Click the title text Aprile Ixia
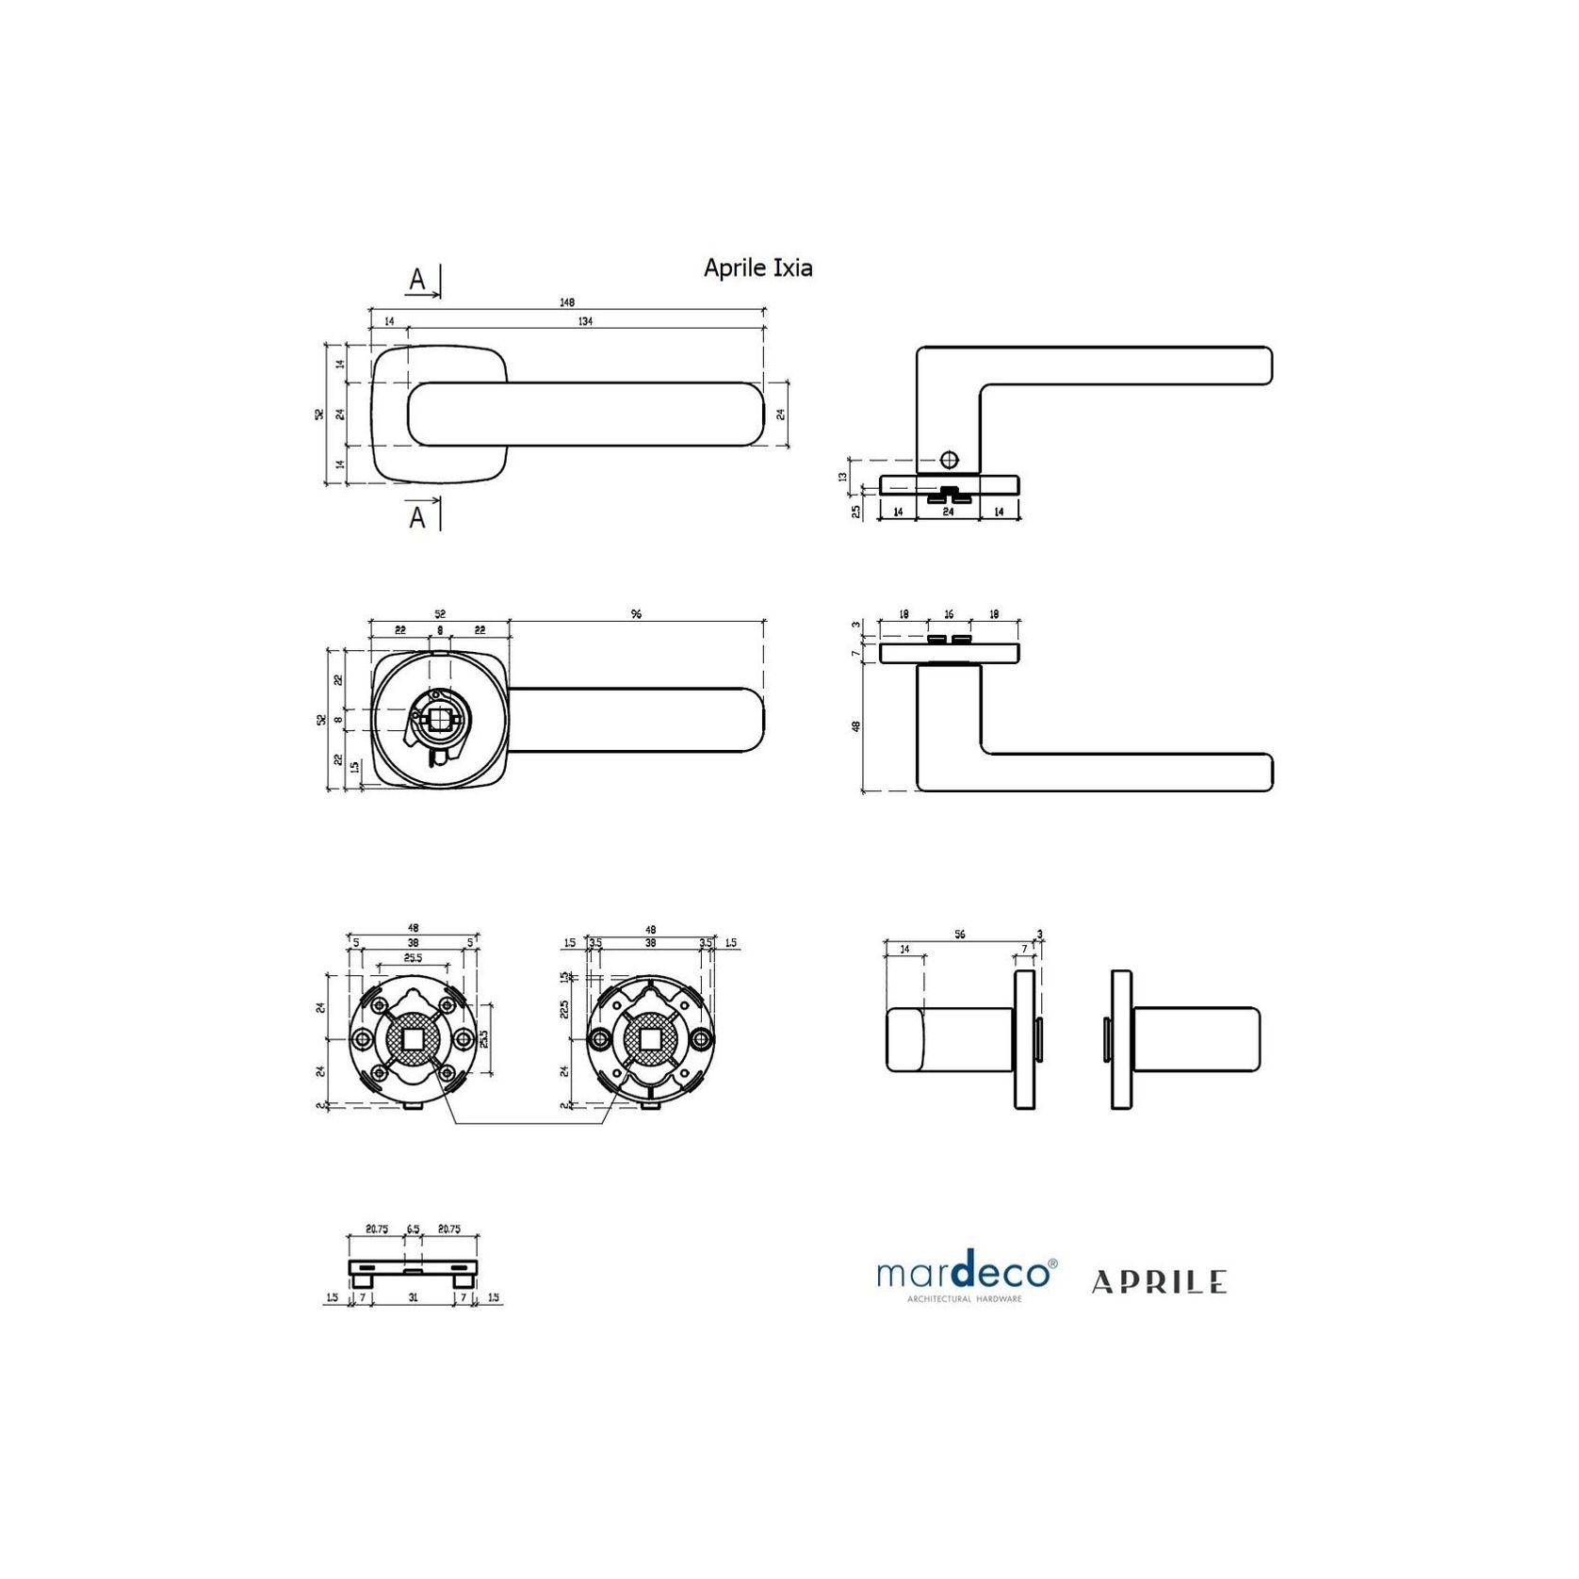[757, 269]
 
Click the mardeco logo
[966, 1273]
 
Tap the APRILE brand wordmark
[1159, 1281]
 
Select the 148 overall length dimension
[566, 302]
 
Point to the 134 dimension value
[585, 321]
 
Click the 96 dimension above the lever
[636, 614]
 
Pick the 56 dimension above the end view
[959, 935]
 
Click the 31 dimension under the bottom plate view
[413, 1297]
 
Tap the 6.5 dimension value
[413, 1229]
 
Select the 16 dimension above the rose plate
[949, 614]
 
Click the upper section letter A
[417, 280]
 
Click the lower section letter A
[417, 517]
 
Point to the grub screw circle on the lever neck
[949, 460]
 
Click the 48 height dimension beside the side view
[856, 726]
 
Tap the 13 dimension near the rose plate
[843, 477]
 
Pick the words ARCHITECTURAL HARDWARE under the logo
[964, 1299]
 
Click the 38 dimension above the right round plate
[650, 942]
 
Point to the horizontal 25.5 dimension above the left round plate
[413, 957]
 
